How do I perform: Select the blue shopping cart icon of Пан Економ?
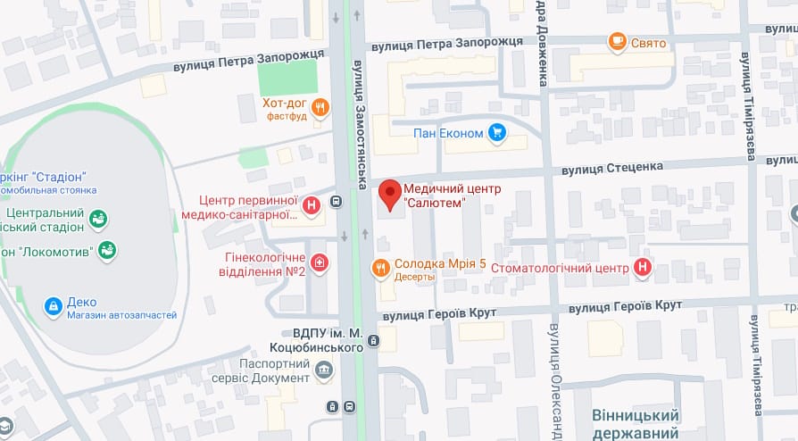point(497,134)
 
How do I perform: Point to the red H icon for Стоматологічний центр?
point(642,267)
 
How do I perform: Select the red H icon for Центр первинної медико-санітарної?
point(312,206)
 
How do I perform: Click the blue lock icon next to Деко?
point(54,307)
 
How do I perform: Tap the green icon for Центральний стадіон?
point(98,218)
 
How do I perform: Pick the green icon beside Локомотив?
point(107,251)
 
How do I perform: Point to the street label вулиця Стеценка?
point(611,166)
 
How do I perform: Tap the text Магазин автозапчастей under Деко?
point(121,315)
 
